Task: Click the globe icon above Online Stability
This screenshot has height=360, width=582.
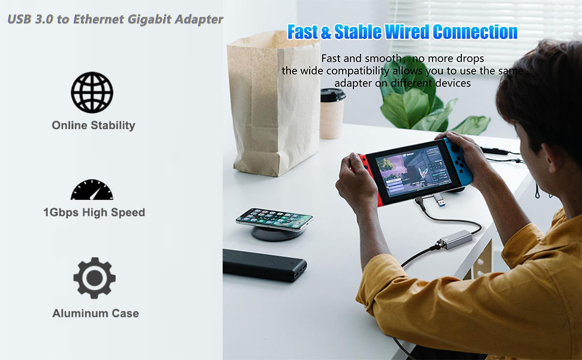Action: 92,92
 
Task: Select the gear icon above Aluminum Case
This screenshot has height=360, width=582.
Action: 94,278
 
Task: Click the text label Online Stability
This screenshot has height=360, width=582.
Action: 93,125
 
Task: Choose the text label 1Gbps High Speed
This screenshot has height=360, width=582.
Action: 94,212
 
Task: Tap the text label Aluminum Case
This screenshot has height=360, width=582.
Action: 95,313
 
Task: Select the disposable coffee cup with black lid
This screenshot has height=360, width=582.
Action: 332,113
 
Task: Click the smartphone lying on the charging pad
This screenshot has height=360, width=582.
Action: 274,218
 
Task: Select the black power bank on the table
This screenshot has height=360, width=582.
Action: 264,265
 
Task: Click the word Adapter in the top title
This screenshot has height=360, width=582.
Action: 199,19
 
